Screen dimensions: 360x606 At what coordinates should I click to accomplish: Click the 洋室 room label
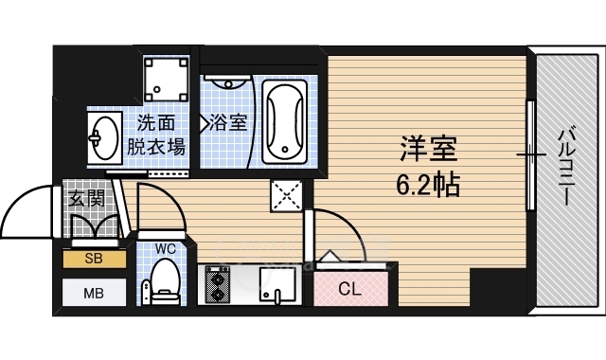428,149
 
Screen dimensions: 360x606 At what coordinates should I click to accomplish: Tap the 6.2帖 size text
427,183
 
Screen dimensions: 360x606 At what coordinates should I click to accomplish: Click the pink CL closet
350,288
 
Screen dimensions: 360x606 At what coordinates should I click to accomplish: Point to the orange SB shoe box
94,258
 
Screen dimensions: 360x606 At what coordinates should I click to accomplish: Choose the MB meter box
94,292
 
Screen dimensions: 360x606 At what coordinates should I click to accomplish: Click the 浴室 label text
227,121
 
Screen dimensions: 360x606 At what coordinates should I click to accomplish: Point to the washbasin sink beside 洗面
101,138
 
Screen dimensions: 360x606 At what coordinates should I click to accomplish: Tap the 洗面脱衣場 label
156,134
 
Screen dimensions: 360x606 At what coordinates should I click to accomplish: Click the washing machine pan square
168,80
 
